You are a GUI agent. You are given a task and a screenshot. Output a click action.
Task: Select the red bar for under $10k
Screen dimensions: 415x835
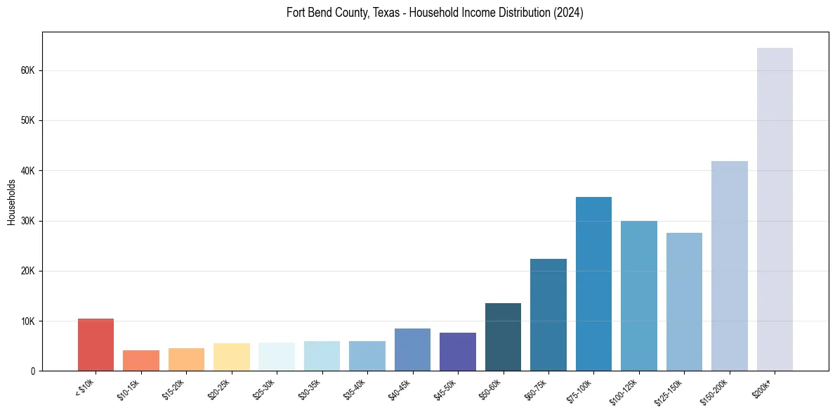pyautogui.click(x=96, y=345)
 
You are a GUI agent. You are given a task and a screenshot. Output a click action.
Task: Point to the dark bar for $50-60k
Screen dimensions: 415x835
pyautogui.click(x=503, y=337)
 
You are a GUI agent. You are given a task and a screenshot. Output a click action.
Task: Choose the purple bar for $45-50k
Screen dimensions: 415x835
pyautogui.click(x=458, y=352)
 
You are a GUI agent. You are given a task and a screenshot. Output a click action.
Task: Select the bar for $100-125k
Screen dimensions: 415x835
pyautogui.click(x=639, y=295)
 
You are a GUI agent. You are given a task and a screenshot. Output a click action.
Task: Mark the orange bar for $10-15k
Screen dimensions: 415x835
pyautogui.click(x=141, y=360)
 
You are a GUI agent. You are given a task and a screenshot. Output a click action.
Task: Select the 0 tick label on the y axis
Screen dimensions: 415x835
pyautogui.click(x=33, y=371)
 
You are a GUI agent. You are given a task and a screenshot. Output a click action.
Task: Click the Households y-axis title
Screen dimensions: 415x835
pyautogui.click(x=12, y=202)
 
